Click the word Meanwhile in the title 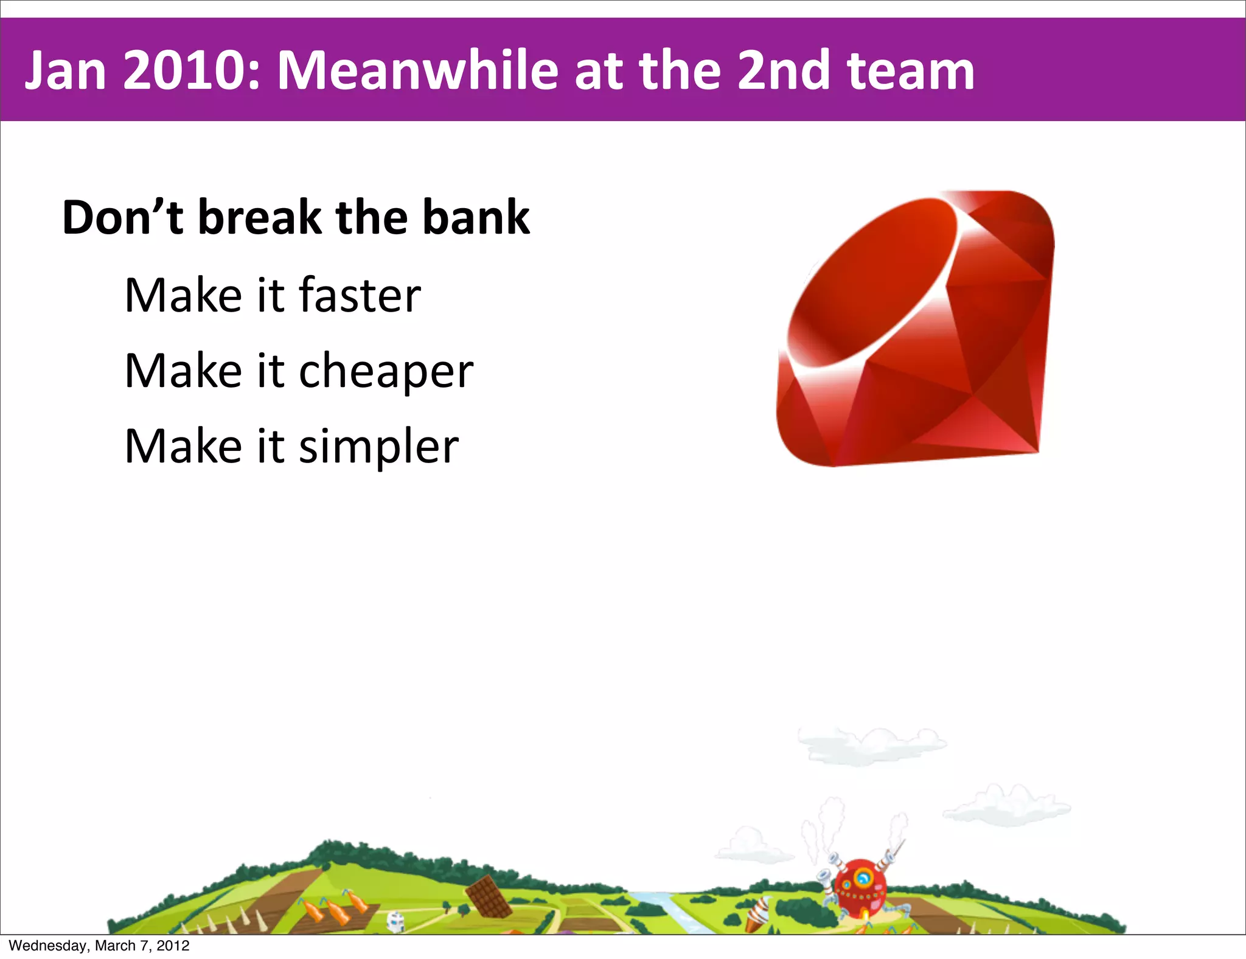417,71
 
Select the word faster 360,295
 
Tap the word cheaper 386,372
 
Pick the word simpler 378,447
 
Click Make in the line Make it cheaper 183,371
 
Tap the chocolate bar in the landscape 489,896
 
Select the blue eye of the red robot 863,877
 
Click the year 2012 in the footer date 173,946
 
